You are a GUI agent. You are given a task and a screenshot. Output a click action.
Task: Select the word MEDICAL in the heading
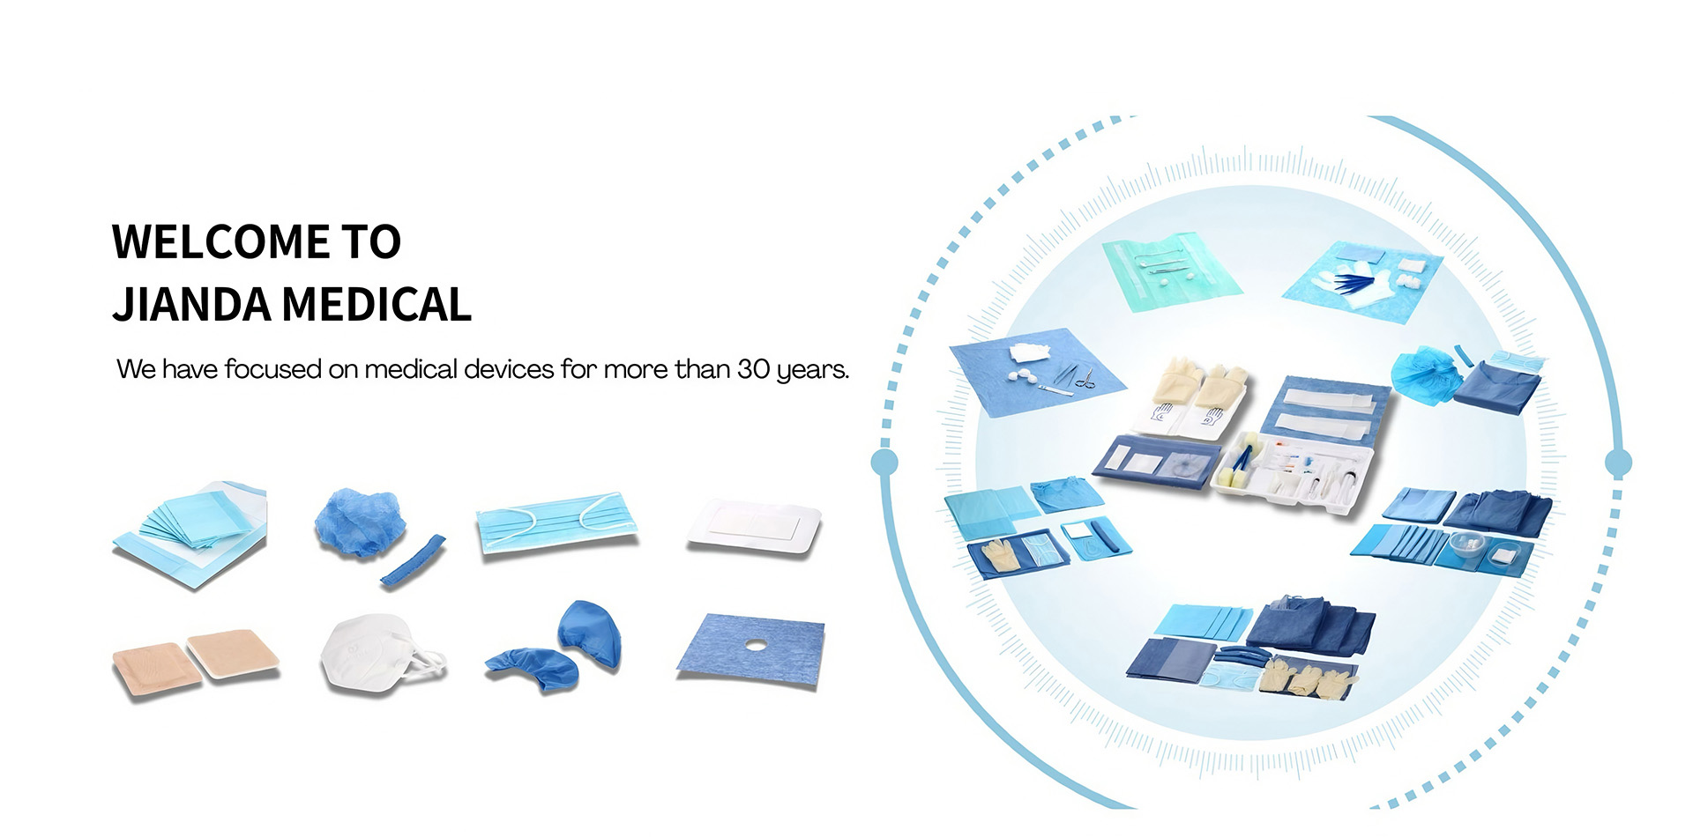click(377, 305)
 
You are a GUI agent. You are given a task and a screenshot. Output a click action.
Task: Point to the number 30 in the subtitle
click(753, 369)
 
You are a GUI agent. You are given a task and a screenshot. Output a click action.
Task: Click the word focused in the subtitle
click(272, 369)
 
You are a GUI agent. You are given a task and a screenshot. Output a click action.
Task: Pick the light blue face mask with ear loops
click(556, 523)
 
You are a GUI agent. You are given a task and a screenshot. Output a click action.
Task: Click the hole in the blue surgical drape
click(755, 646)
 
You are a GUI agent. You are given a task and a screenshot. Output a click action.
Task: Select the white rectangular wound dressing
click(755, 526)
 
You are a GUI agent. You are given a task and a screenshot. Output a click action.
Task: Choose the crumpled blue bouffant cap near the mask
click(360, 523)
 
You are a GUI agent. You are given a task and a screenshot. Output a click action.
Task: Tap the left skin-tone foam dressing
click(148, 669)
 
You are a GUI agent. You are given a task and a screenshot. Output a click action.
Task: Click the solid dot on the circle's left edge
click(884, 462)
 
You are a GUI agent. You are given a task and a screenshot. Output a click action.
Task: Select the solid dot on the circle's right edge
click(1618, 462)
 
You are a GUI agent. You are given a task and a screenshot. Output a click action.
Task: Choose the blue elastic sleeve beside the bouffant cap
click(413, 560)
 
